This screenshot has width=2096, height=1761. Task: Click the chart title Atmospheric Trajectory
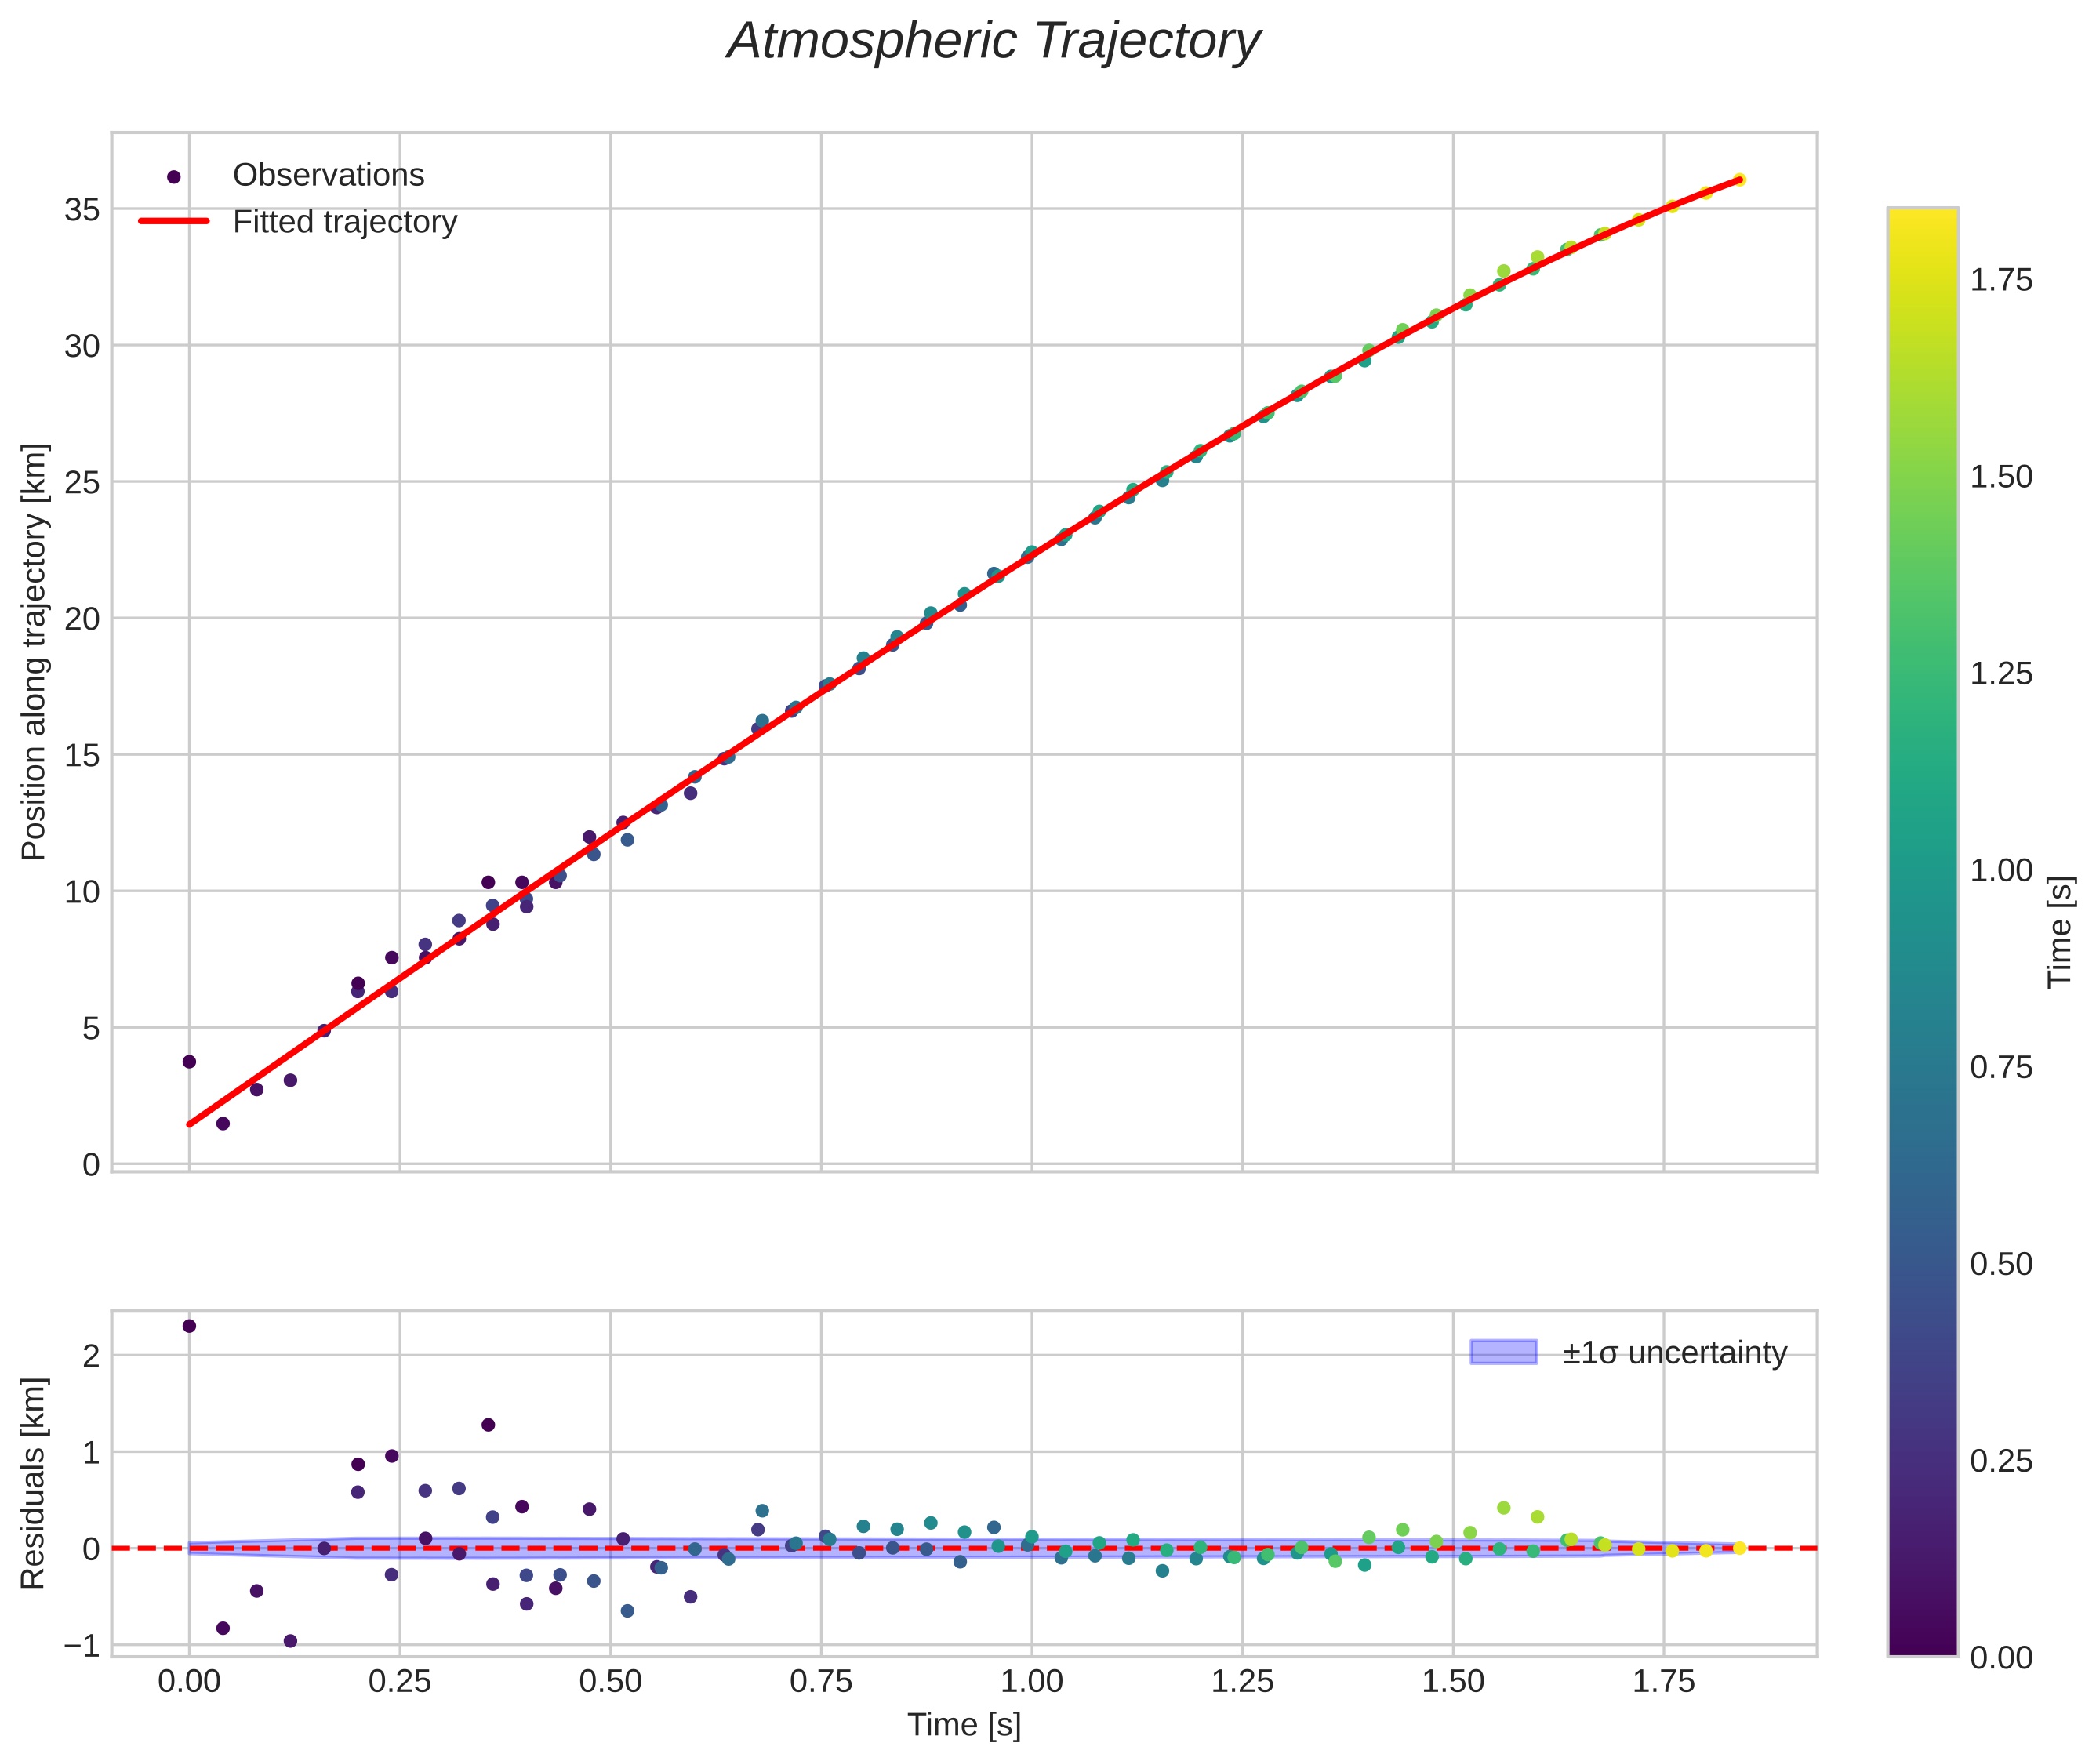[994, 42]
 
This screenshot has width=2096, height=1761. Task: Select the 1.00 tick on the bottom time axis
[1031, 1682]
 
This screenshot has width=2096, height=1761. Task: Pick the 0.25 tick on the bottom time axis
[399, 1682]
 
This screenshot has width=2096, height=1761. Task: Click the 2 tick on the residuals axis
[91, 1356]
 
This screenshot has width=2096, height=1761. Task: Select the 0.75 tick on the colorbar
[2001, 1068]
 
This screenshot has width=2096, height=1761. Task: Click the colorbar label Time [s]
[2059, 931]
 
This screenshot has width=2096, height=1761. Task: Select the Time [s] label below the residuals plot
[964, 1725]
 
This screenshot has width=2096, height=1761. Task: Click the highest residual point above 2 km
[189, 1326]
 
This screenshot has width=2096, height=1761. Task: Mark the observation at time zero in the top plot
[189, 1061]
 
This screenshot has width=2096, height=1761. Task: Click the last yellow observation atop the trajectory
[1738, 180]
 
